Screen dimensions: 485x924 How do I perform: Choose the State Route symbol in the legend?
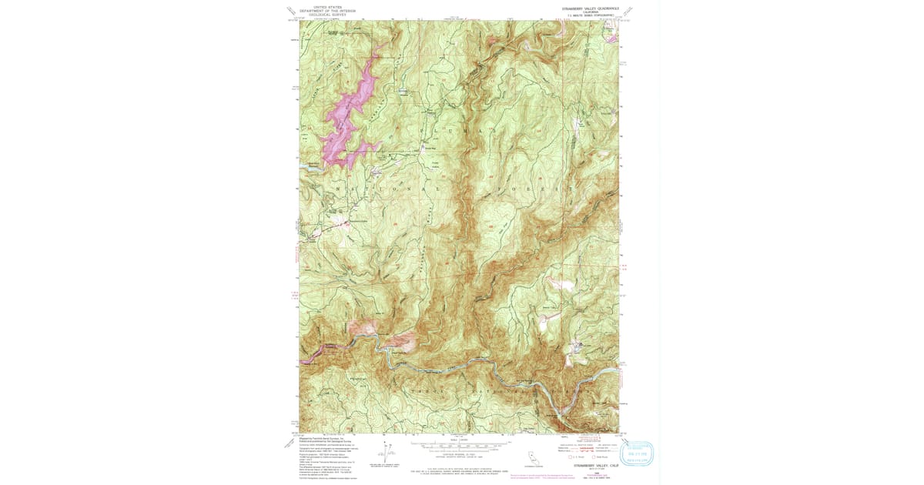point(593,457)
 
